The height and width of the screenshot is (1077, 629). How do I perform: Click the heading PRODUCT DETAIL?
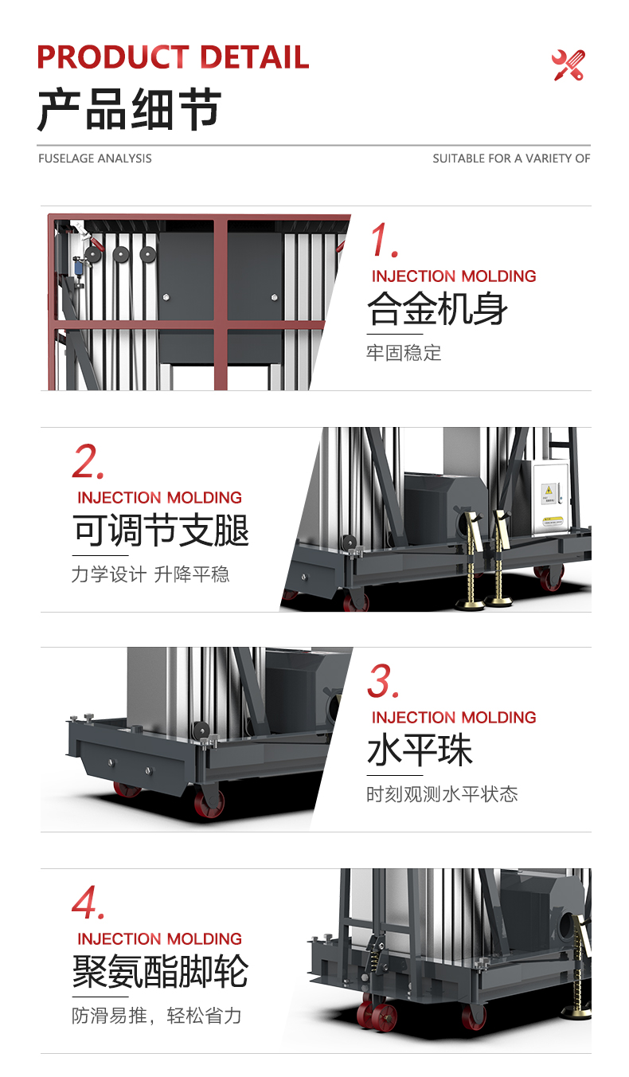point(173,58)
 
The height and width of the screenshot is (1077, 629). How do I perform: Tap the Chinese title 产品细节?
point(129,110)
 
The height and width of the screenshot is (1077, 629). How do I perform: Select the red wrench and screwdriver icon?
point(568,65)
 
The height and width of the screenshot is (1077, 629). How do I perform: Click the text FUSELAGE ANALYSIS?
point(95,159)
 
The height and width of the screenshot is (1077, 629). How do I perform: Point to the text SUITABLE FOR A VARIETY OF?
point(511,159)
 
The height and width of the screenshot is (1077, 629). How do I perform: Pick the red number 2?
point(88,462)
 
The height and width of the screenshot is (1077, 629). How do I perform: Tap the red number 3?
point(384,682)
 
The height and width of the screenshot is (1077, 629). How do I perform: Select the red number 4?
point(88,903)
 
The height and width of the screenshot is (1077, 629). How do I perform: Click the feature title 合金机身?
point(437,308)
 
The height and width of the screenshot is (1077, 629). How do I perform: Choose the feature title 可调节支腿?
point(161,531)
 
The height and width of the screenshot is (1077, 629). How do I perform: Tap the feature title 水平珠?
point(420,750)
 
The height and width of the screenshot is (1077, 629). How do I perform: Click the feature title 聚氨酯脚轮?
point(161,971)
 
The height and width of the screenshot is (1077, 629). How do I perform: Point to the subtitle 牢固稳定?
point(404,353)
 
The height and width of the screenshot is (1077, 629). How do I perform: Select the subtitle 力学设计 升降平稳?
point(150,574)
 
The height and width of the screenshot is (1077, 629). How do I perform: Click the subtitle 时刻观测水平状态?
point(442,794)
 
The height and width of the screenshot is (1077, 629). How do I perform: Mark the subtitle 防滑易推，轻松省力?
point(157,1016)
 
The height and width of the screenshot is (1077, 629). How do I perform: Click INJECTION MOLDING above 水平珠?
point(454,718)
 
